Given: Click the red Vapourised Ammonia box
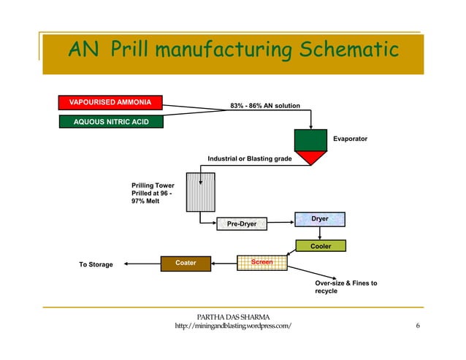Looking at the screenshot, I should click(111, 102).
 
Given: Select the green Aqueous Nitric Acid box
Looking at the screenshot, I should click(111, 120).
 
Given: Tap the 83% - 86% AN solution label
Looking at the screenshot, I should click(264, 107).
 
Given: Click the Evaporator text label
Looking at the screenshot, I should click(350, 138).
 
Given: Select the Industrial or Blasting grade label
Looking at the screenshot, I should click(250, 158).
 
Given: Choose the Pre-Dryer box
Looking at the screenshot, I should click(242, 223).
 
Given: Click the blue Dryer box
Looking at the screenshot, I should click(319, 218).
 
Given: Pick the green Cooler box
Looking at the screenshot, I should click(320, 246).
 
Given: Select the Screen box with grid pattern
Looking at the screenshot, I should click(261, 262).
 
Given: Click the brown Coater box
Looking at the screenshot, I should click(186, 262).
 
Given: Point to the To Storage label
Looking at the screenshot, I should click(96, 264).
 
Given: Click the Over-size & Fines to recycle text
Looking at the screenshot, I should click(345, 287).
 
